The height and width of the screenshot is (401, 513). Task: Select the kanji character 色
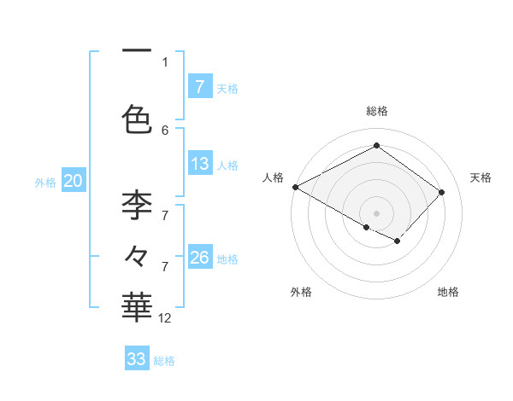click(137, 118)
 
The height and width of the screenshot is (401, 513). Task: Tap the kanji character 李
click(137, 205)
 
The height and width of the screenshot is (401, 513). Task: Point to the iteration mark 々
click(137, 255)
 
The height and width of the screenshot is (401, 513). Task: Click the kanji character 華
click(137, 305)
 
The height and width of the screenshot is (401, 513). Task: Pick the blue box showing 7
click(200, 86)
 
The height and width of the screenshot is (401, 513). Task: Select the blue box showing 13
click(200, 164)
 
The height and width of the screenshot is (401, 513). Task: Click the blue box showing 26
click(200, 258)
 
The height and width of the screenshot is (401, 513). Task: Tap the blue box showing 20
click(74, 180)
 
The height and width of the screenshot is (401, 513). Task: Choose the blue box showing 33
click(137, 358)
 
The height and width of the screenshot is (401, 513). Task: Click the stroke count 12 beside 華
click(165, 317)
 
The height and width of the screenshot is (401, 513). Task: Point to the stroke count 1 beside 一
click(165, 61)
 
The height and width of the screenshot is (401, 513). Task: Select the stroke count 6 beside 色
click(165, 130)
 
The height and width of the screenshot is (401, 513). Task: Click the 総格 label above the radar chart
click(376, 111)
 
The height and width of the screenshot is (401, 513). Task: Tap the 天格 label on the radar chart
click(481, 177)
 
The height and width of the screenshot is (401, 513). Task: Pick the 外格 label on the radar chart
click(301, 292)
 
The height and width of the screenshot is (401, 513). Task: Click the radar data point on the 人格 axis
click(295, 186)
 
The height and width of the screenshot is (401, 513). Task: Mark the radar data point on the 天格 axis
click(441, 192)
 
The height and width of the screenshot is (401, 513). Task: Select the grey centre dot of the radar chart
click(376, 212)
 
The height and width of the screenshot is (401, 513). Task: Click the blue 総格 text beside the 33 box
click(164, 361)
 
